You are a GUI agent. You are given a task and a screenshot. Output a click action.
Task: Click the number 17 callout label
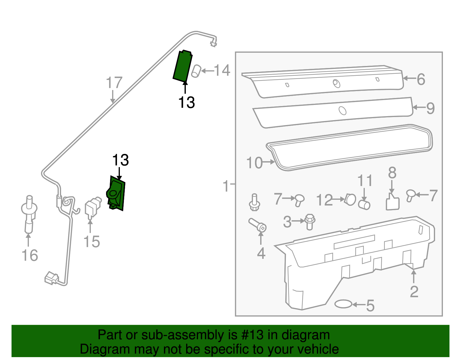(x=114, y=83)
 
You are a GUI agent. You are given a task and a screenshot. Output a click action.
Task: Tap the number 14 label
(x=222, y=71)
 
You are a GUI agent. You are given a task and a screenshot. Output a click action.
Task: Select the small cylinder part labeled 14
(x=196, y=71)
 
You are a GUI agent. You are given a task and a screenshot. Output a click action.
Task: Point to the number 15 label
(x=92, y=242)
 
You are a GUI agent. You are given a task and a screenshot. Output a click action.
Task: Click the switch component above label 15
(x=92, y=207)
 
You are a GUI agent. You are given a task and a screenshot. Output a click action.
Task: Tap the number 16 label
(x=30, y=255)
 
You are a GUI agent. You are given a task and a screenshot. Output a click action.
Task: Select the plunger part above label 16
(x=29, y=213)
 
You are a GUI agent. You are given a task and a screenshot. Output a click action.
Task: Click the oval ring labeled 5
(x=343, y=304)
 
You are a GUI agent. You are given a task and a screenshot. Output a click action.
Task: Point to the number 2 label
(x=414, y=292)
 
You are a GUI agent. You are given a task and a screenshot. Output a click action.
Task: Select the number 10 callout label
(x=254, y=163)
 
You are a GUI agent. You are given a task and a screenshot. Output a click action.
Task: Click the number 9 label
(x=430, y=108)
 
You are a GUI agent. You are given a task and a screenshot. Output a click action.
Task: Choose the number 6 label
(x=421, y=79)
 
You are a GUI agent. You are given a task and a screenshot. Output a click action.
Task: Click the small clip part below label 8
(x=392, y=202)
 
